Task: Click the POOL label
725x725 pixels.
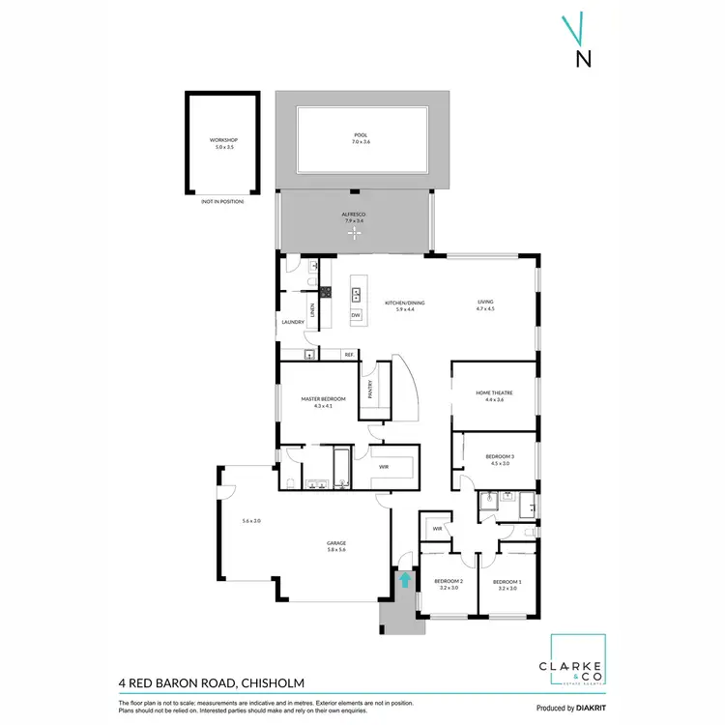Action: [x=361, y=135]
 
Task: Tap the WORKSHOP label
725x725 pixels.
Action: [x=223, y=140]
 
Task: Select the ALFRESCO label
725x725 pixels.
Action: [x=355, y=216]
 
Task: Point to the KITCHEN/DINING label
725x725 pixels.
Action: [x=405, y=303]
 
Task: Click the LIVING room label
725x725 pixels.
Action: [x=485, y=303]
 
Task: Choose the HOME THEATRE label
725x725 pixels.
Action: [x=494, y=392]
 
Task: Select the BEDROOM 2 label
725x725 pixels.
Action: [x=449, y=581]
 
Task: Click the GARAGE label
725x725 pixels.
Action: [x=336, y=543]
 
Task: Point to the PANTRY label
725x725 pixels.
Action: [x=369, y=390]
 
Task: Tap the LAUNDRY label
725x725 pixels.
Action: [x=292, y=323]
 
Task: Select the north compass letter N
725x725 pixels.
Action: [x=583, y=58]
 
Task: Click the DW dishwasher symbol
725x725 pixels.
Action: [x=356, y=315]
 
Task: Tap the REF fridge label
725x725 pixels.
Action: [x=348, y=355]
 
